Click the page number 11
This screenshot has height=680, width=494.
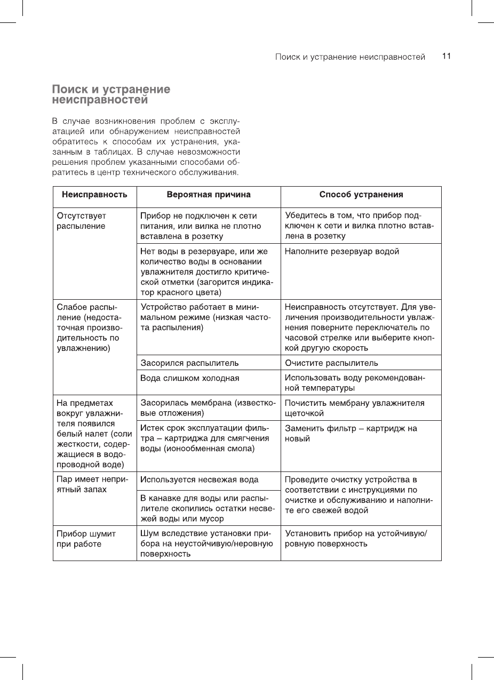tap(447, 56)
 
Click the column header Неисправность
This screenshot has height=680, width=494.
tap(94, 195)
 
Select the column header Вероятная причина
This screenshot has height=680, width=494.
tap(209, 195)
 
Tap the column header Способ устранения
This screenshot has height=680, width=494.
tap(361, 195)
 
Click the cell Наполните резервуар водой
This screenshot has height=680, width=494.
tap(342, 252)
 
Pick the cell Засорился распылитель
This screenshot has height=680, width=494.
tap(189, 363)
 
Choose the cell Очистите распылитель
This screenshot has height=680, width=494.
tap(331, 363)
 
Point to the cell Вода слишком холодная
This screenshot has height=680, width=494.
tap(189, 378)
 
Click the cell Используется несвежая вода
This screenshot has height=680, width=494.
tap(199, 479)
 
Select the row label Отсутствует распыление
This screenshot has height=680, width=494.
tap(82, 221)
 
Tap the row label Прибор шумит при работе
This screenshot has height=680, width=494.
tap(86, 539)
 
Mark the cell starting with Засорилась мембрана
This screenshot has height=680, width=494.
tap(208, 408)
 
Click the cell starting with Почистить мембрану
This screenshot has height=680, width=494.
tap(355, 408)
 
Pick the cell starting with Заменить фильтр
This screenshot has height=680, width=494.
tap(351, 434)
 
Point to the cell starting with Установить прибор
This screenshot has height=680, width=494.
tap(355, 539)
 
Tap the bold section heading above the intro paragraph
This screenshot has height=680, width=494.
tap(111, 94)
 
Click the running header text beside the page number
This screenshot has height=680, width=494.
tap(350, 57)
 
